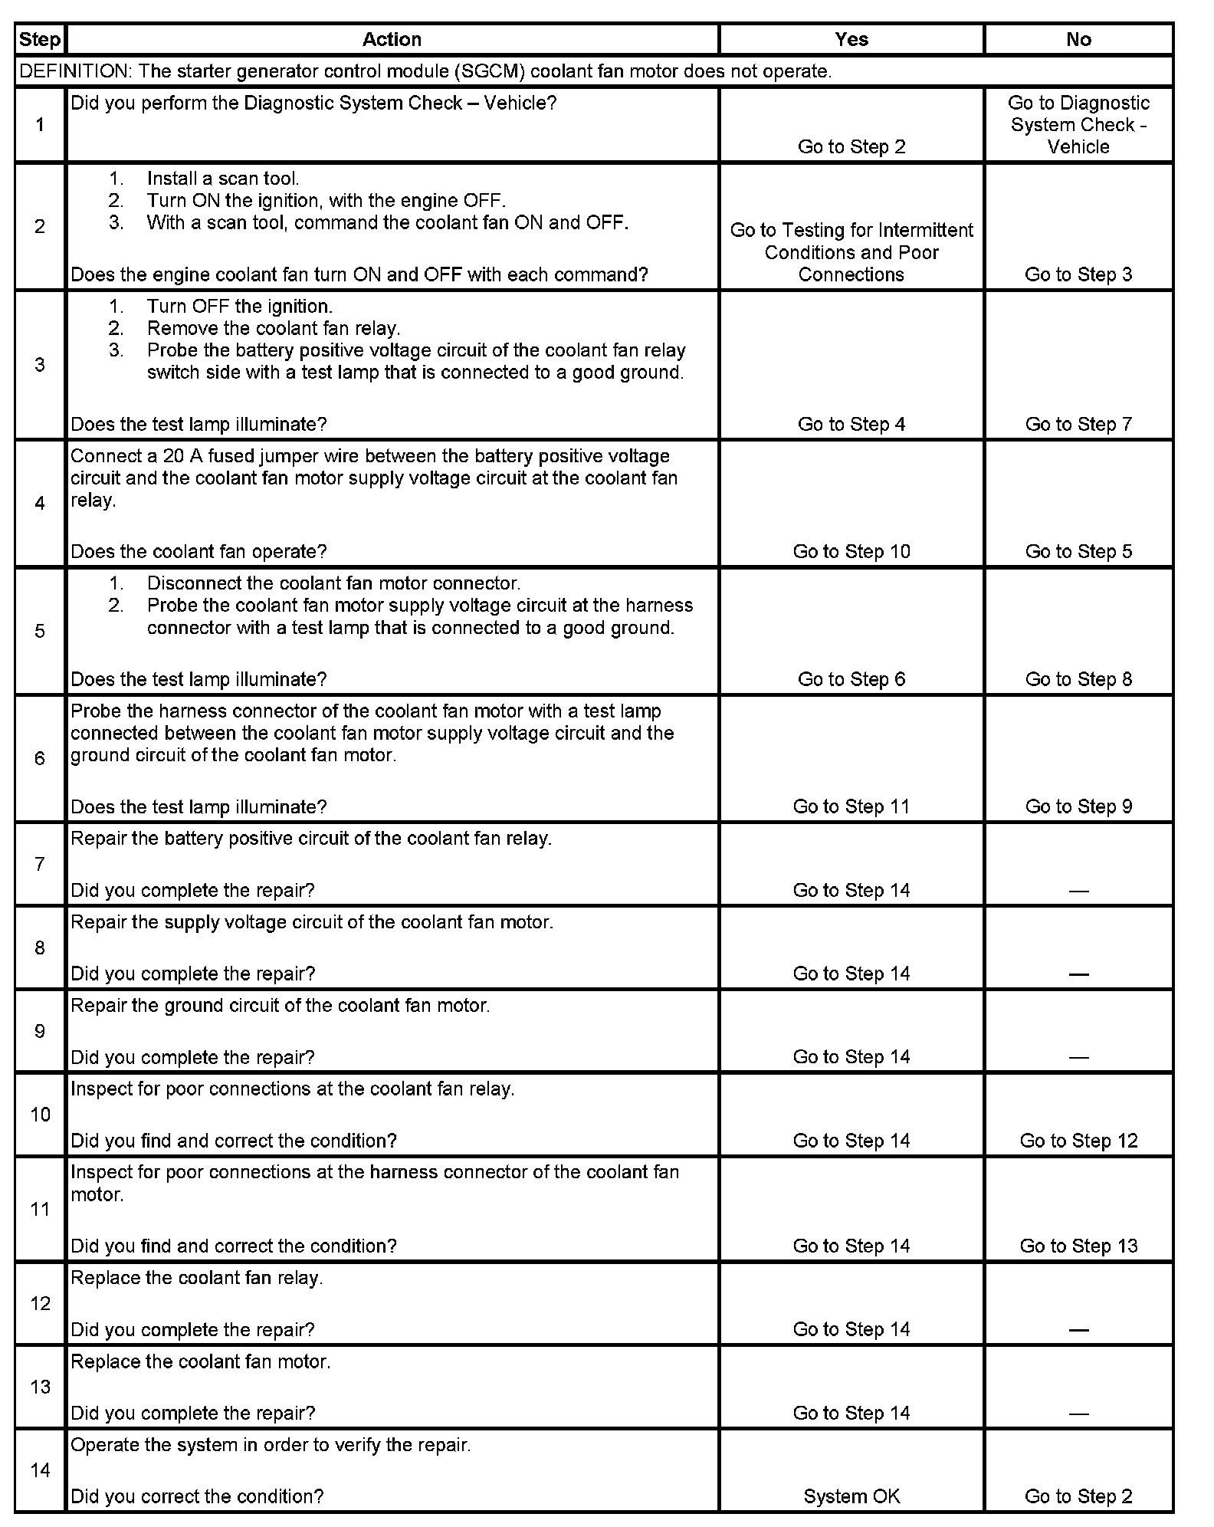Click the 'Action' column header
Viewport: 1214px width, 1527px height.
point(392,40)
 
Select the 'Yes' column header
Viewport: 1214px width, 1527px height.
point(851,40)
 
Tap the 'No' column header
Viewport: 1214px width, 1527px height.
point(1078,40)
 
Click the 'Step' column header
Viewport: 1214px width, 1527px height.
point(40,40)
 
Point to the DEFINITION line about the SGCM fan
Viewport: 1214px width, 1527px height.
point(425,71)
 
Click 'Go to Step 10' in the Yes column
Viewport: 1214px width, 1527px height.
point(851,552)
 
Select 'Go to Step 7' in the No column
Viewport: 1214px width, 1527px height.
point(1078,425)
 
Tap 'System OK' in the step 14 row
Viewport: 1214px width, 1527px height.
point(851,1496)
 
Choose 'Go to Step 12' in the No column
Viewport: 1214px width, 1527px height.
point(1078,1141)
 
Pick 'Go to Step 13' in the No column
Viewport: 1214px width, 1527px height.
point(1078,1246)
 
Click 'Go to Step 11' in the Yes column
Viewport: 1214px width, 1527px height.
point(851,806)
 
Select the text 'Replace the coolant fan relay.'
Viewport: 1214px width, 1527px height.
point(197,1278)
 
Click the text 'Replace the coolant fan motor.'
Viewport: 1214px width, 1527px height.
point(201,1361)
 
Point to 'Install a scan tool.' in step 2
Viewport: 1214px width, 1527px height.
point(223,179)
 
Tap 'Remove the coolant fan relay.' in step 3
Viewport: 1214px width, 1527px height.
point(274,329)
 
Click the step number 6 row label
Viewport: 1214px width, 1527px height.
point(40,758)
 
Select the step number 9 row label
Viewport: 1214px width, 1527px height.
point(40,1031)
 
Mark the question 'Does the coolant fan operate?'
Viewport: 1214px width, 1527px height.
point(199,552)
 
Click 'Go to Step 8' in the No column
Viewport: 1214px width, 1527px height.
point(1078,679)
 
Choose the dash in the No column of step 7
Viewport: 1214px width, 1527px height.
point(1078,891)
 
